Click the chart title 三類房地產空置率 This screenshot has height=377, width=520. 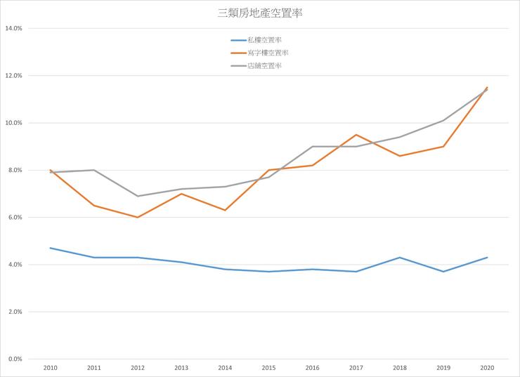click(260, 13)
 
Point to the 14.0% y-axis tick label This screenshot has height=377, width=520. click(14, 29)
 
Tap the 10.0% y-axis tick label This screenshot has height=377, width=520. click(14, 123)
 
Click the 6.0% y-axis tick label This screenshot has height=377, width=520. click(14, 218)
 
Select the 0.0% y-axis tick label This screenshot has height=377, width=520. click(14, 359)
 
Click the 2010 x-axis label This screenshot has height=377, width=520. click(51, 367)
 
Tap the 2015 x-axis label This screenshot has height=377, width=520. click(268, 367)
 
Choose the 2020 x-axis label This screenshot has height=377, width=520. click(487, 367)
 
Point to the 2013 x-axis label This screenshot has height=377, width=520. click(181, 367)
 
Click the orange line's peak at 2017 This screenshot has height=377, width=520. click(356, 135)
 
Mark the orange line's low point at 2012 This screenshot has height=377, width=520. click(138, 217)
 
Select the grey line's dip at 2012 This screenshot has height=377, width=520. click(138, 196)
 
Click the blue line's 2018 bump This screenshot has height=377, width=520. click(400, 258)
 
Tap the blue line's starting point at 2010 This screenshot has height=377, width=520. click(51, 248)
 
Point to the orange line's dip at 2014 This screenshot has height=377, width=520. click(225, 210)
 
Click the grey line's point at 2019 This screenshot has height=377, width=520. click(443, 120)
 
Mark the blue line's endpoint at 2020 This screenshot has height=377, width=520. click(487, 258)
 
